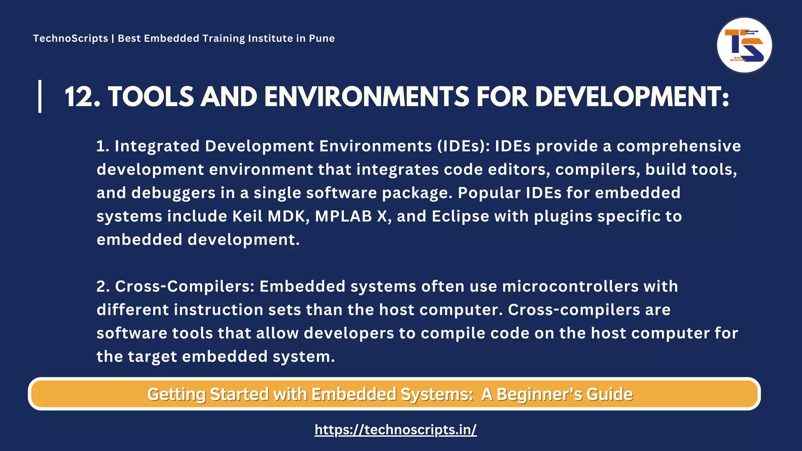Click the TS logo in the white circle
pyautogui.click(x=744, y=45)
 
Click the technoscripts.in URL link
pyautogui.click(x=396, y=430)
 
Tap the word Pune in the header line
pyautogui.click(x=322, y=38)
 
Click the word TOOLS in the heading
pyautogui.click(x=151, y=97)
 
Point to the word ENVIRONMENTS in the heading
pyautogui.click(x=367, y=97)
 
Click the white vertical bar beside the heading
pyautogui.click(x=40, y=96)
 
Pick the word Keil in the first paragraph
pyautogui.click(x=247, y=216)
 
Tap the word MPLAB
pyautogui.click(x=343, y=216)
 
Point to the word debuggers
pyautogui.click(x=173, y=193)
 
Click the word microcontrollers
pyautogui.click(x=570, y=287)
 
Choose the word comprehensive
pyautogui.click(x=679, y=146)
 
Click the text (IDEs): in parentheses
pyautogui.click(x=461, y=146)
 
